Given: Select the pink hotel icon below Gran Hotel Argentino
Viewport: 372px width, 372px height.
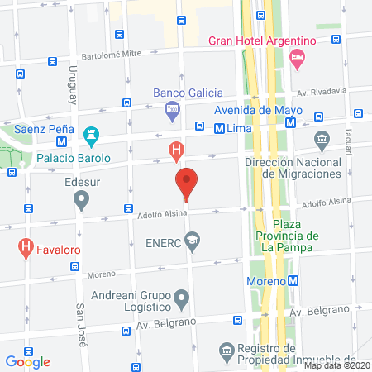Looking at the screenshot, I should point(298,59).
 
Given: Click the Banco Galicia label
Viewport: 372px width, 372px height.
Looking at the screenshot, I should point(184,92).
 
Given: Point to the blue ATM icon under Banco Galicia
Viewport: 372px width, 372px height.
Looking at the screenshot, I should point(172,108).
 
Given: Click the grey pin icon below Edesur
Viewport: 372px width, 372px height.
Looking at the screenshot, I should point(81,199).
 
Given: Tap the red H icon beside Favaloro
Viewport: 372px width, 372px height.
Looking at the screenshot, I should point(26,246).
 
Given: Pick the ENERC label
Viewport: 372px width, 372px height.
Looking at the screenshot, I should point(162,241).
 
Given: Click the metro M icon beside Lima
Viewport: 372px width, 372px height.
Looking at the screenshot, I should point(220,129).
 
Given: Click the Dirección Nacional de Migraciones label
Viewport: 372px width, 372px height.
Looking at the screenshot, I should point(293,169).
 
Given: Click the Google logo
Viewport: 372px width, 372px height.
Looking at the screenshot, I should point(29,360).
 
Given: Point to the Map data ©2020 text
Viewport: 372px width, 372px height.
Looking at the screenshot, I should point(336,365).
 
